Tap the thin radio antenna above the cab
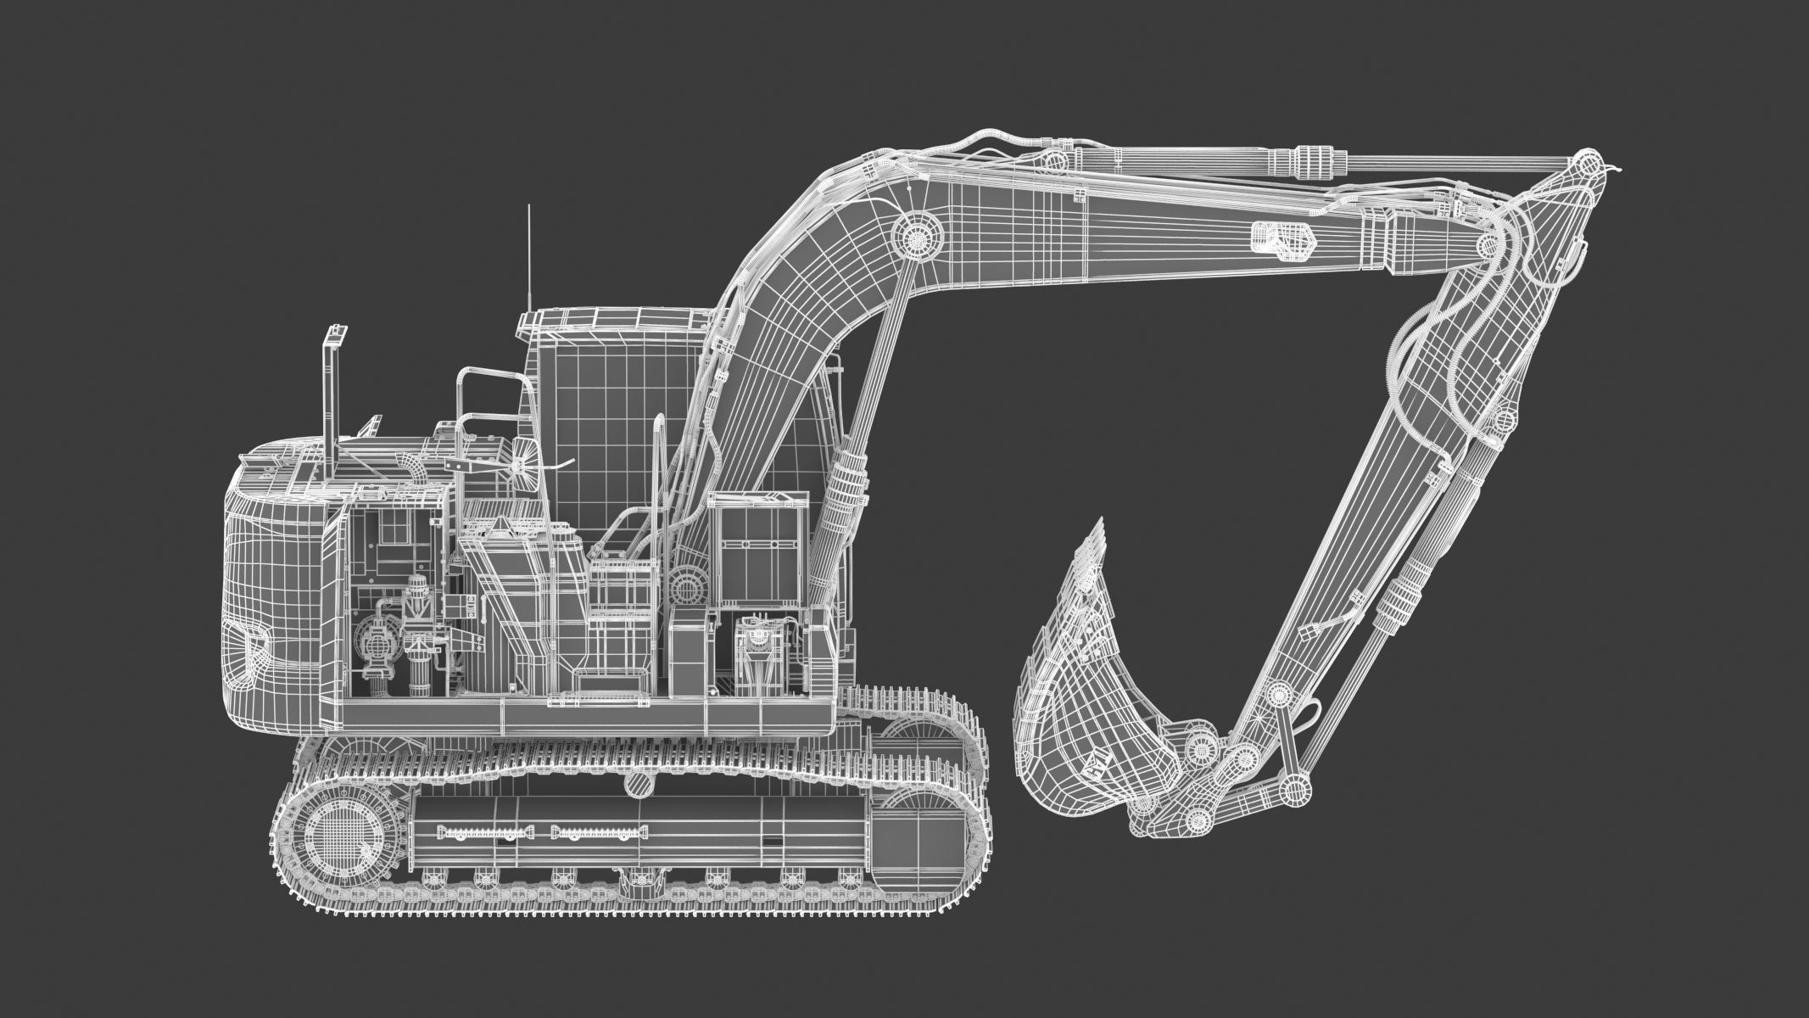click(529, 255)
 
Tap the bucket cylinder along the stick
click(1408, 585)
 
